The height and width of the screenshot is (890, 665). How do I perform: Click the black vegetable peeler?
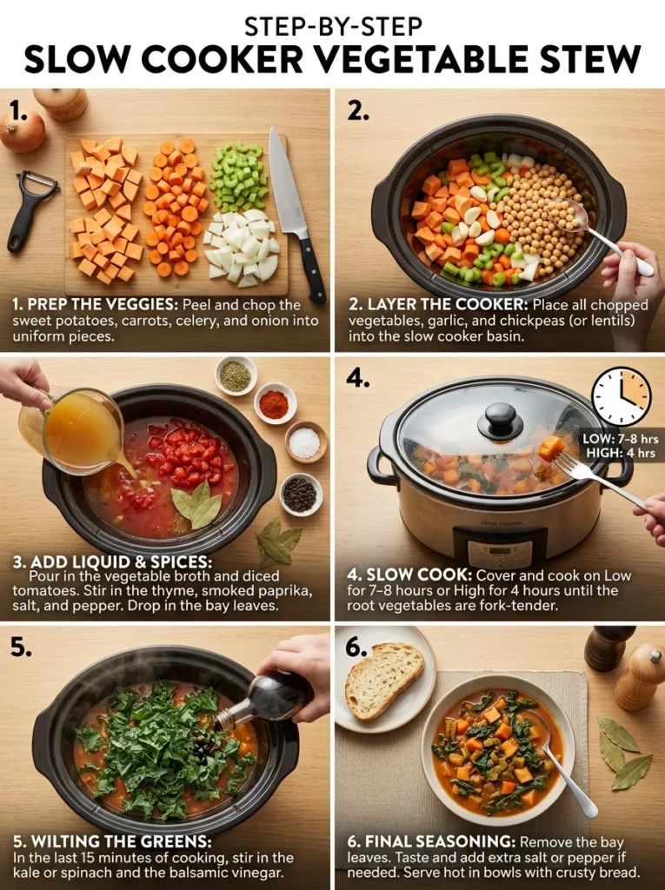30,209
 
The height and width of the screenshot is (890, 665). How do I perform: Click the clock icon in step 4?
621,397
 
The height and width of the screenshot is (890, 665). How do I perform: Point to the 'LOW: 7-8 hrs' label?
621,440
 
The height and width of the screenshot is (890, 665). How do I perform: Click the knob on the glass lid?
501,421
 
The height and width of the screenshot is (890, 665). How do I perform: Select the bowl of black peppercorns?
301,494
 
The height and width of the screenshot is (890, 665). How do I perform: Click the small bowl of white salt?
304,442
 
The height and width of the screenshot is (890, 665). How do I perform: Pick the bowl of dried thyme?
235,375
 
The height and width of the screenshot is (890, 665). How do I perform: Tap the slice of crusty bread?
382,679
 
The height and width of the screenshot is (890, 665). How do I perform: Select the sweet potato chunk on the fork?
551,448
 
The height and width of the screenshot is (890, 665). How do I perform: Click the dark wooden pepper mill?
608,648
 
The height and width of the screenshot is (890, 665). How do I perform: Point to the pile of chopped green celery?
236,179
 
